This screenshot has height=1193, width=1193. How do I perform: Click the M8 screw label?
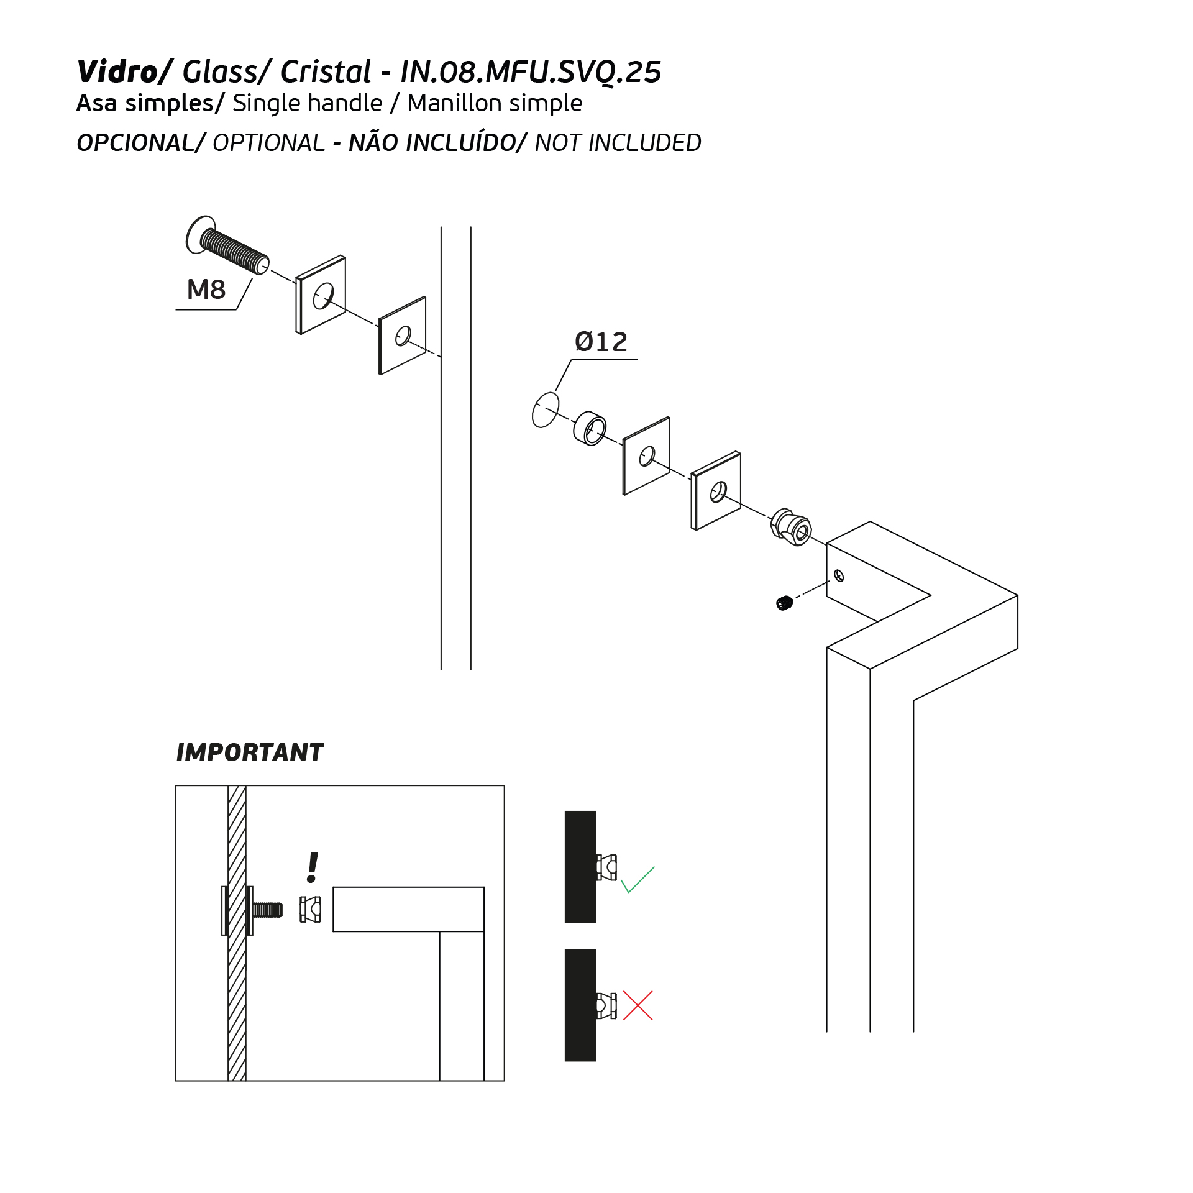tap(206, 290)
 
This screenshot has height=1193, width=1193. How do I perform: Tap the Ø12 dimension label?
tap(601, 342)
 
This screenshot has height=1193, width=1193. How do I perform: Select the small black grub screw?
tap(785, 603)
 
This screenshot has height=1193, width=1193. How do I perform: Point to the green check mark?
tap(638, 880)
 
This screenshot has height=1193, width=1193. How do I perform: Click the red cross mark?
tap(638, 1005)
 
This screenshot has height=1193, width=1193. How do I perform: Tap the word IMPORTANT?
tap(250, 752)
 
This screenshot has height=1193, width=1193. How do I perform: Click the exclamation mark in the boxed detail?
tap(313, 867)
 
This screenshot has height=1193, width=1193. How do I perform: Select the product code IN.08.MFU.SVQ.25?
tap(531, 71)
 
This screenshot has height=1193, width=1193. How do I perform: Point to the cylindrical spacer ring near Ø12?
tap(589, 427)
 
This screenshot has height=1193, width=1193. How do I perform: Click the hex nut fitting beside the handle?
tap(791, 527)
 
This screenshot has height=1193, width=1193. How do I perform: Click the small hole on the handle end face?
tap(839, 576)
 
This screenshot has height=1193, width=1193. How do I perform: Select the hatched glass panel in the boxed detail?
tap(237, 933)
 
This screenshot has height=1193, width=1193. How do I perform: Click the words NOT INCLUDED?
tap(618, 143)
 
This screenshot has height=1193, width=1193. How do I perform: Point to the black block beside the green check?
tap(580, 867)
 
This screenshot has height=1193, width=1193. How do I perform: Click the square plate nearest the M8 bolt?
tap(321, 295)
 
